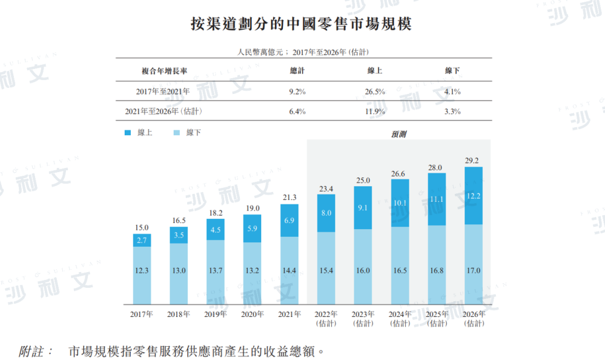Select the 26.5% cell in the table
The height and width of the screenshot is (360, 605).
(375, 92)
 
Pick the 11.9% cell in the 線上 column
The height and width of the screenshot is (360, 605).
(375, 112)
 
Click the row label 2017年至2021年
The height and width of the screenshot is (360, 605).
(164, 92)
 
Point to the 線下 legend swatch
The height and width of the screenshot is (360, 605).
(175, 132)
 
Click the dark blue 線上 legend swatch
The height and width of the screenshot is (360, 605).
(127, 132)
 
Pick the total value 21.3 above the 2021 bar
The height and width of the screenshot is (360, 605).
(289, 198)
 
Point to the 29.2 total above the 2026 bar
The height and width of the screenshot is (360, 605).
(473, 161)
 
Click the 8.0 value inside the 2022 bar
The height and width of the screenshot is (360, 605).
(326, 213)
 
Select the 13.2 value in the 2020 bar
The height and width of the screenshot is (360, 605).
(252, 271)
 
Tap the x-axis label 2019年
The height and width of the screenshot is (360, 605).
(215, 315)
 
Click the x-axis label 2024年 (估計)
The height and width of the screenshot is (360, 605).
(399, 319)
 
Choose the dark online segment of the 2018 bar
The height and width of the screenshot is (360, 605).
(179, 235)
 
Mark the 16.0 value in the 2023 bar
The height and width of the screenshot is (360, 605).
(362, 271)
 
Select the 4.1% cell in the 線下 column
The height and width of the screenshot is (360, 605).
(452, 92)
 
